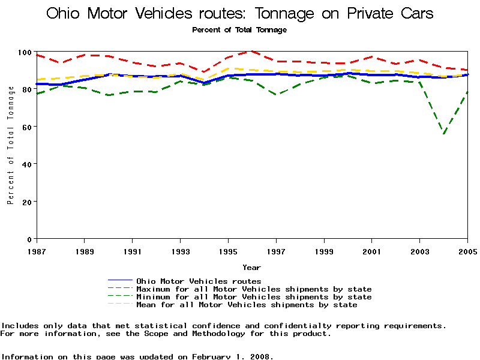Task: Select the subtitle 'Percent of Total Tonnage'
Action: [x=239, y=29]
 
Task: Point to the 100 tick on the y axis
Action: [x=25, y=52]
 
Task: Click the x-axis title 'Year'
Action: [x=251, y=267]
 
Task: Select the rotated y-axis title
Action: [x=11, y=145]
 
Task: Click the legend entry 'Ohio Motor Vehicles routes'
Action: [x=199, y=281]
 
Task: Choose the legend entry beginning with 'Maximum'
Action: [x=254, y=289]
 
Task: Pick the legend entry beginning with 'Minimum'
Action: [x=254, y=297]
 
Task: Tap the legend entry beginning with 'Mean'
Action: [x=247, y=305]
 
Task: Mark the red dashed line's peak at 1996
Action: [x=252, y=52]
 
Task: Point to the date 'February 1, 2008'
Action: [x=232, y=356]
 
